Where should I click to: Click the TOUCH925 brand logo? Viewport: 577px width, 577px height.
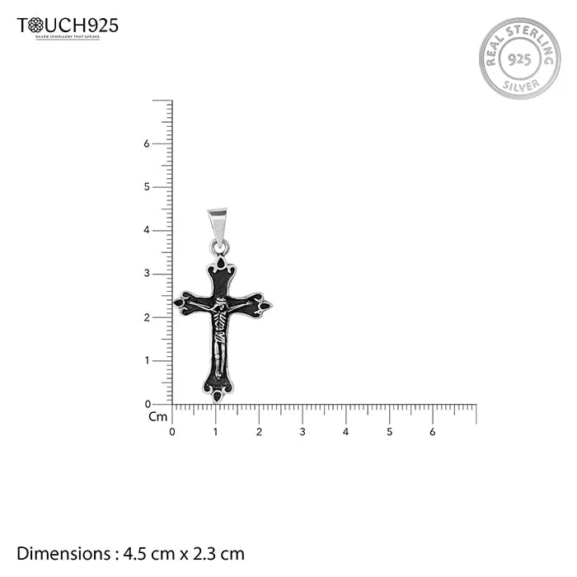tap(68, 26)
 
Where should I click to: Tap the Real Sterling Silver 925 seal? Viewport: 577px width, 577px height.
tap(519, 59)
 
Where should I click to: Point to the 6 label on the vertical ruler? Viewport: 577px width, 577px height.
tap(146, 143)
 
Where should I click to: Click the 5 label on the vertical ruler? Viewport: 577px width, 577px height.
tap(146, 187)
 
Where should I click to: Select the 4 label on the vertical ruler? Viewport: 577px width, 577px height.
tap(146, 231)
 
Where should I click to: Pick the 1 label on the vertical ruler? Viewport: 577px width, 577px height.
tap(146, 361)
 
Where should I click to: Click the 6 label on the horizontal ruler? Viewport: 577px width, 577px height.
tap(433, 431)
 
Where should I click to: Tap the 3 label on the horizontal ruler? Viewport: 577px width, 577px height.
tap(303, 431)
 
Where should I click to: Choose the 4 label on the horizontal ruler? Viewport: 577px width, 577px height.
tap(346, 431)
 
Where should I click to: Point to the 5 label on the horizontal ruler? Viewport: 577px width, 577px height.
tap(389, 431)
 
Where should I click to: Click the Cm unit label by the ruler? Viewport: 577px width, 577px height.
tap(157, 417)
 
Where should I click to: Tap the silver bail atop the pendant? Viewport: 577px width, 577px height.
tap(217, 223)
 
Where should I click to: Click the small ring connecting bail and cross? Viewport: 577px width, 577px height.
tap(218, 247)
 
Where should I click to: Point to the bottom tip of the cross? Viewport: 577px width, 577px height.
tap(218, 396)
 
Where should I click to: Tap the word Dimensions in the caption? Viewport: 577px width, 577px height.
tap(62, 554)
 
